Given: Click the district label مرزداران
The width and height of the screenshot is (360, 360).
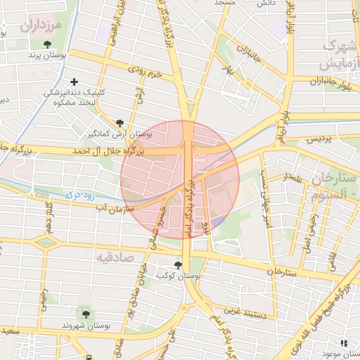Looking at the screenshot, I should coord(41,27).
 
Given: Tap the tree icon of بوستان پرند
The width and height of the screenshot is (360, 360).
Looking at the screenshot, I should coord(47,45).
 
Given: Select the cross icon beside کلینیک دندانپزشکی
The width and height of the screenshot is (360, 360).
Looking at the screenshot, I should coord(74,82).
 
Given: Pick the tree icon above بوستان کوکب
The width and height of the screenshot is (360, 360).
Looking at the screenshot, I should coord(177,265).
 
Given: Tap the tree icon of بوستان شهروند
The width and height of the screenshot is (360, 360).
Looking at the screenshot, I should coord(86,314).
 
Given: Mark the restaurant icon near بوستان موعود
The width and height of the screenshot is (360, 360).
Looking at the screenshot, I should coord(344,343).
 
